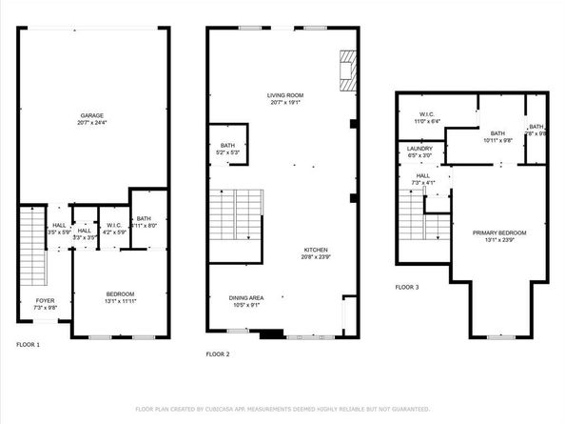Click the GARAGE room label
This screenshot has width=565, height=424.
(92, 115)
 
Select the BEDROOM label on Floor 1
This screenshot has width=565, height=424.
(120, 293)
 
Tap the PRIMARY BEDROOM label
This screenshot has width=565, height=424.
(499, 232)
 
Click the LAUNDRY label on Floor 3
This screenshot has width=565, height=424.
(419, 149)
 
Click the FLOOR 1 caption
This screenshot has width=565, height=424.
(28, 344)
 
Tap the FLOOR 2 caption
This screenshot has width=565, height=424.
(219, 353)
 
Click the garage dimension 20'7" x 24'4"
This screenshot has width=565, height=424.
(92, 122)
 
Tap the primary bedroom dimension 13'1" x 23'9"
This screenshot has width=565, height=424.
(499, 239)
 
